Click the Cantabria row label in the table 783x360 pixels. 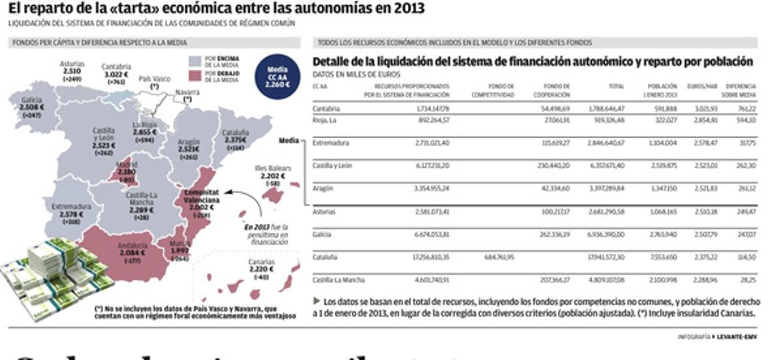(x=326, y=108)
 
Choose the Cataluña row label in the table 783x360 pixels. (x=325, y=257)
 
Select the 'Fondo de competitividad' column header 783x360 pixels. (x=493, y=90)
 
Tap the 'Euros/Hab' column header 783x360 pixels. (x=702, y=86)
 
